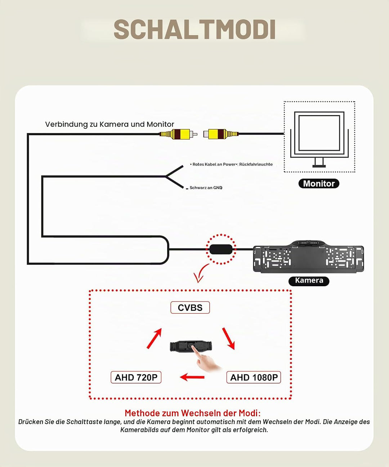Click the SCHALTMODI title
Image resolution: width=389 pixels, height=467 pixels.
coord(194,29)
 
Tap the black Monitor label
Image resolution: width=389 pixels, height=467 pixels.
coord(319,183)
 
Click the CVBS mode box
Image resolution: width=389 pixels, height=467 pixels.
coord(190,307)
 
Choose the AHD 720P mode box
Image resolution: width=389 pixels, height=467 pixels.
coord(136,377)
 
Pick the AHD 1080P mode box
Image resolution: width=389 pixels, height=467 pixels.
coord(254,377)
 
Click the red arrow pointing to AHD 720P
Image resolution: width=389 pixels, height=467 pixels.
coord(192,377)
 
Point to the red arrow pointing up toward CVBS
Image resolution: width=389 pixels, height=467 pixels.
coord(154,338)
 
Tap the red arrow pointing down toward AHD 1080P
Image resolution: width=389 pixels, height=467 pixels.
coord(228,339)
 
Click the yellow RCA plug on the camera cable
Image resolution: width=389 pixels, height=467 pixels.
coord(178,134)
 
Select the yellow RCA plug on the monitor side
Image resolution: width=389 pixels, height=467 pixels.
coord(221,134)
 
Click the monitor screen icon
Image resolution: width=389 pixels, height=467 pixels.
coord(319,139)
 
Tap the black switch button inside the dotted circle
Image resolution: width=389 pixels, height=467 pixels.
coord(221,249)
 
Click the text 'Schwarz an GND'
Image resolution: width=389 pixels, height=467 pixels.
coord(206,188)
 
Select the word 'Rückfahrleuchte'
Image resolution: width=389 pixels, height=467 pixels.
coord(256,164)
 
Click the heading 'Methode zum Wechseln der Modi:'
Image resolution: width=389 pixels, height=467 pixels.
coord(193,413)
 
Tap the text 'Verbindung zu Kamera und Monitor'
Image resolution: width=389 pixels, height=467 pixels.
coord(109,124)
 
